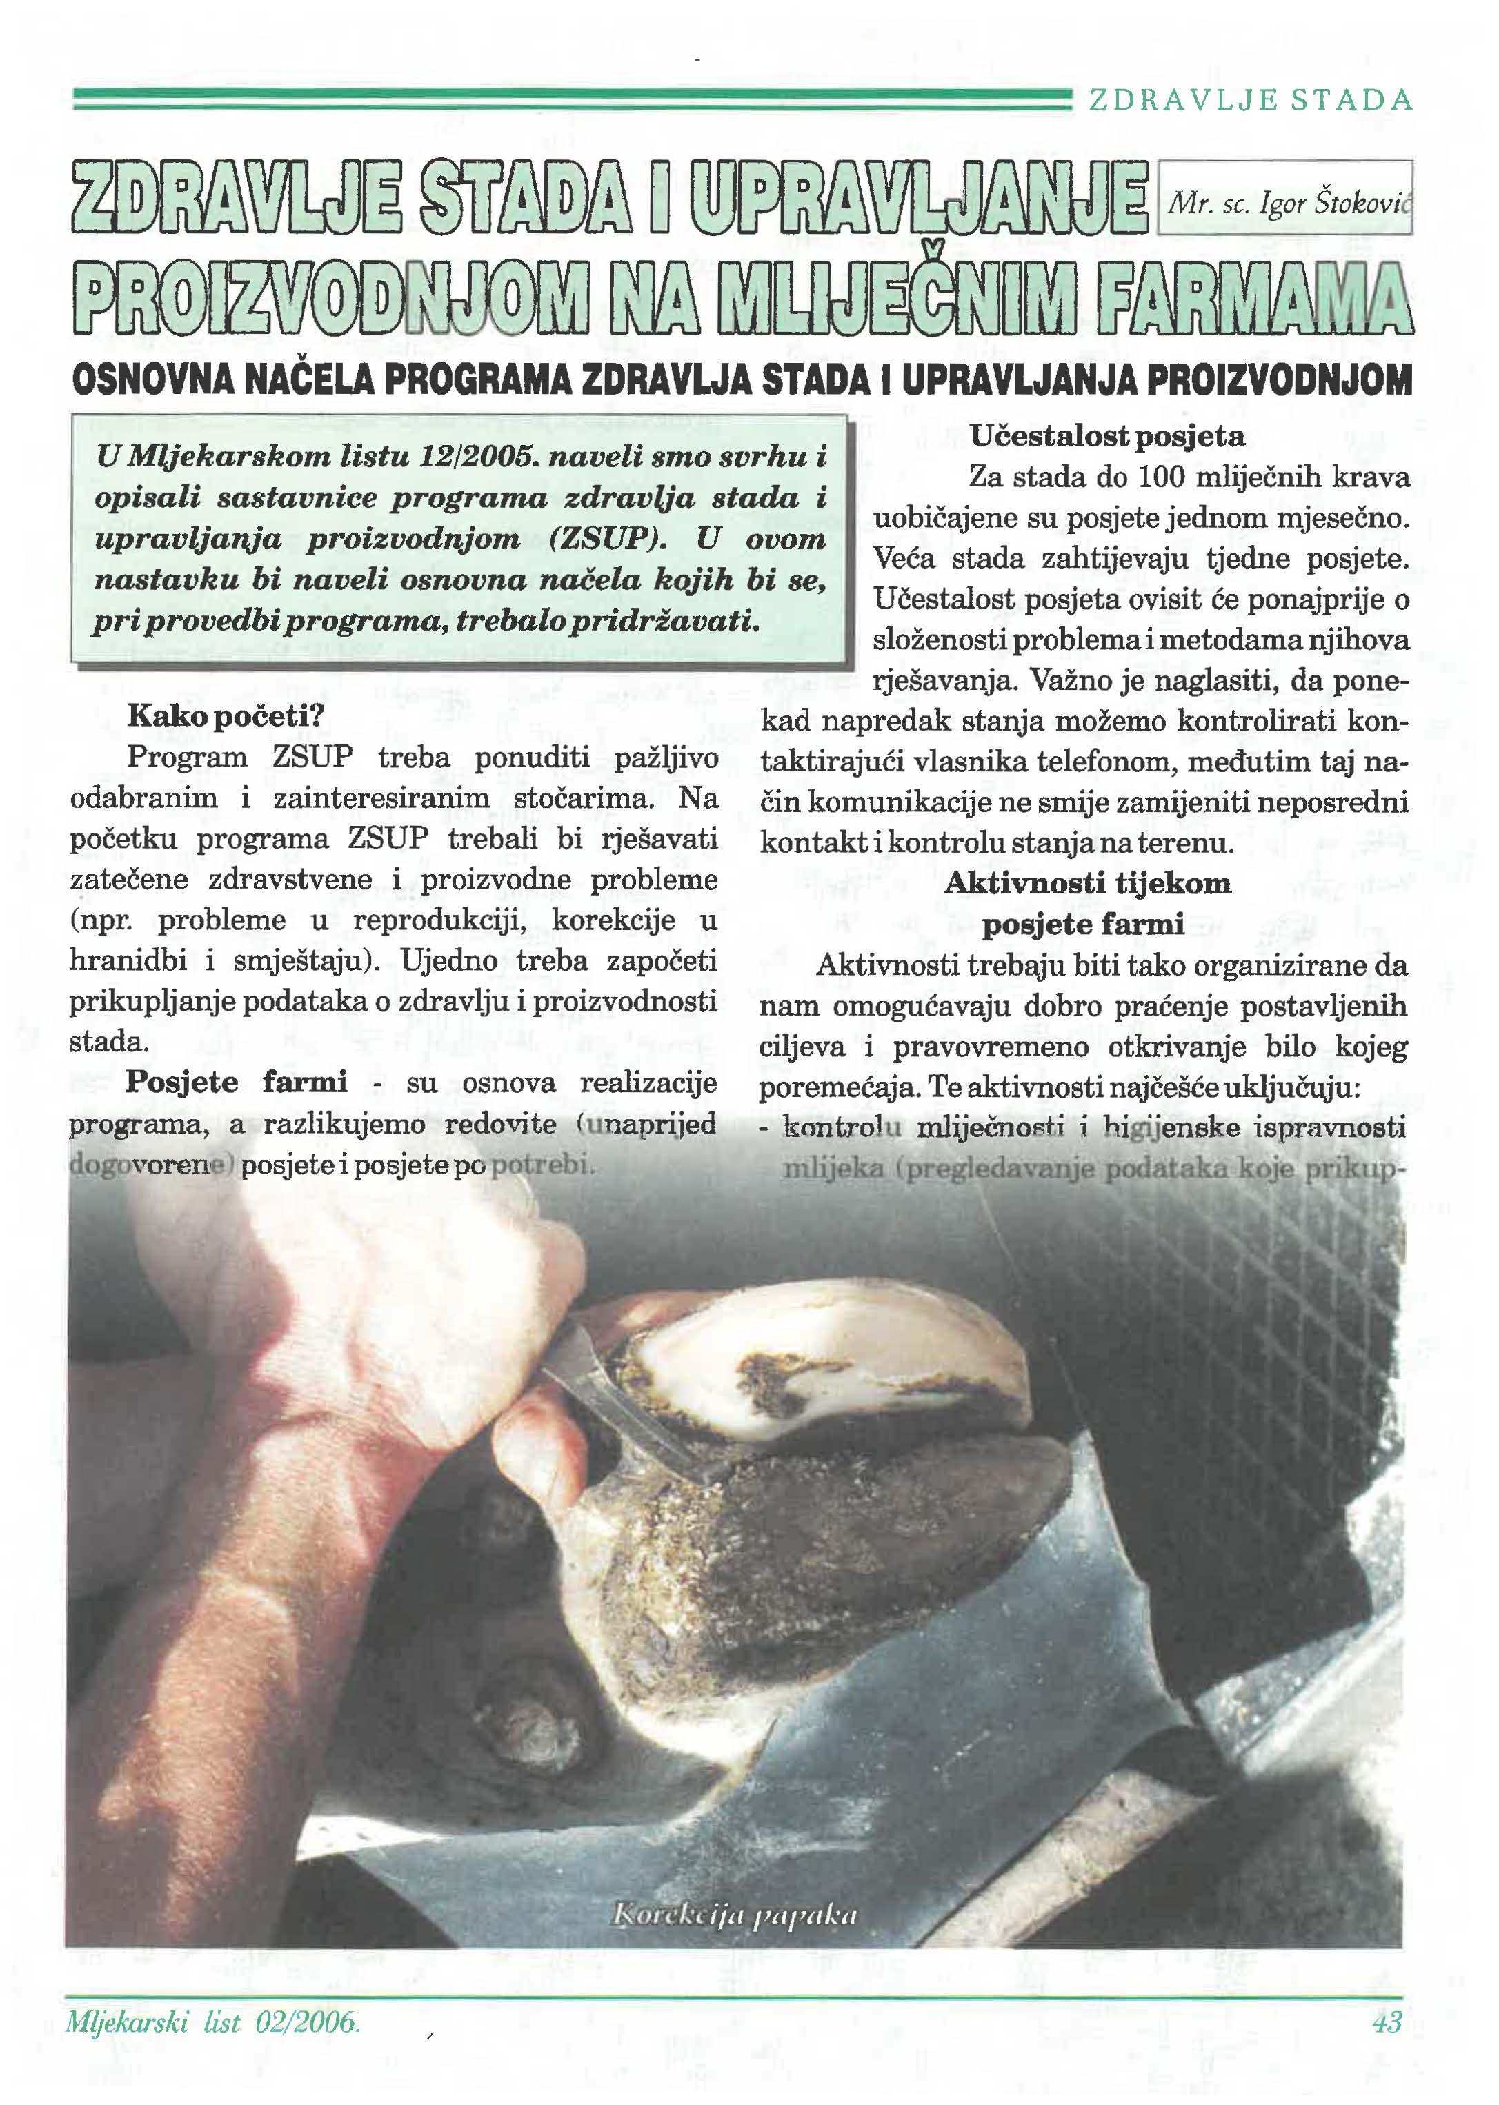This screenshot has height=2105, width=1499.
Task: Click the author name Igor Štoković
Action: (x=1289, y=203)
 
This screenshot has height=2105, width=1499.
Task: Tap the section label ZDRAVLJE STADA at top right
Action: (x=1251, y=100)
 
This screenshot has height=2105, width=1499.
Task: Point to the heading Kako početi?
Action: (x=227, y=715)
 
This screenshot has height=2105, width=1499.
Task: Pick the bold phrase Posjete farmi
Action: (x=237, y=1082)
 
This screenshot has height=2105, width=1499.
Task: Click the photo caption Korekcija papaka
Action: (x=735, y=1916)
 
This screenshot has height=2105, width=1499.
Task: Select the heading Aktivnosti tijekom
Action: (x=1086, y=884)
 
